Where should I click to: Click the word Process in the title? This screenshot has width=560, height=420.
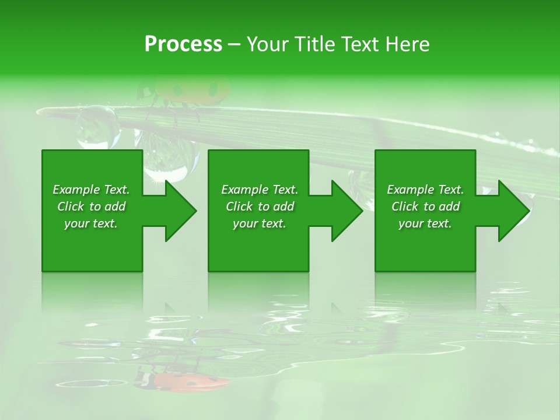[x=183, y=44]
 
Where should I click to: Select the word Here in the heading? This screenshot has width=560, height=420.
[x=407, y=44]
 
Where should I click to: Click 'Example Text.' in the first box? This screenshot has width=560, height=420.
[x=91, y=190]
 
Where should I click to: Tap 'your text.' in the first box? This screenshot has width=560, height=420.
[x=91, y=223]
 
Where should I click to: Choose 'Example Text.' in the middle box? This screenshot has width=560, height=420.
[x=260, y=190]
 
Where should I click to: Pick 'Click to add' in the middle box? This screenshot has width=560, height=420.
[x=260, y=206]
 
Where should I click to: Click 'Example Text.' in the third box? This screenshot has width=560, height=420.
[x=425, y=190]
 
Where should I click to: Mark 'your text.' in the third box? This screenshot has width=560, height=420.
[x=425, y=223]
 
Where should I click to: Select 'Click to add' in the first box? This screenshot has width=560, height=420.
[x=91, y=206]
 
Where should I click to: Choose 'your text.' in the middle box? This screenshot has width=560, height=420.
[x=260, y=223]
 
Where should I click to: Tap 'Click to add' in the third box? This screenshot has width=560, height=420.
[x=425, y=206]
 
